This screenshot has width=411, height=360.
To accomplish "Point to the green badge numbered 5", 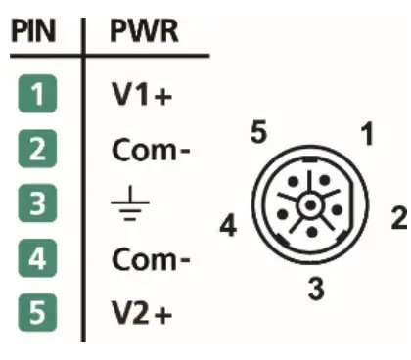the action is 34,317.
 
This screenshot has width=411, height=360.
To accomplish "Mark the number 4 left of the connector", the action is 227,229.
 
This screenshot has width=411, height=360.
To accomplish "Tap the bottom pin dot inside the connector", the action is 309,232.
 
